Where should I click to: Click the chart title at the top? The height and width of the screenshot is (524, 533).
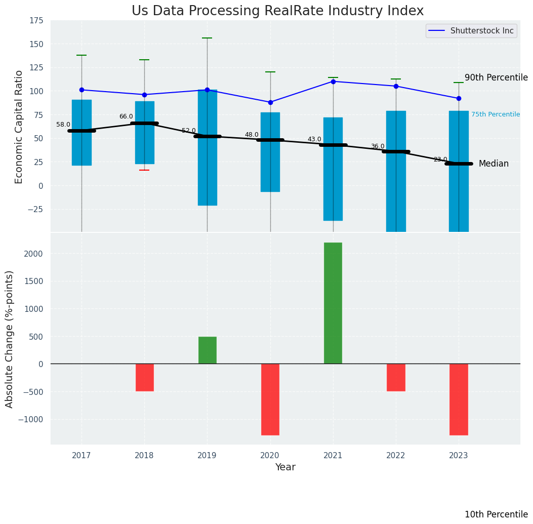tap(277, 11)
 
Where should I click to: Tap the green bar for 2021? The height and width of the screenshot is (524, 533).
tap(333, 303)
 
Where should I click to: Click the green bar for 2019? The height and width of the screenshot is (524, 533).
tap(207, 350)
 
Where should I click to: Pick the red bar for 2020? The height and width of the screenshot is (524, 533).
tap(270, 399)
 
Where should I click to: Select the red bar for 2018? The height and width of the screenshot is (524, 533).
tap(144, 377)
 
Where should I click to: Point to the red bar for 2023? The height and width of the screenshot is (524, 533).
tap(459, 399)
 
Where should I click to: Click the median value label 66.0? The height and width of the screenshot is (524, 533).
tap(126, 116)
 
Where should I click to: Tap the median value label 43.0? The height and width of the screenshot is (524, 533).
tap(314, 139)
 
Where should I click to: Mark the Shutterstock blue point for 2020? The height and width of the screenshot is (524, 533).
tap(270, 102)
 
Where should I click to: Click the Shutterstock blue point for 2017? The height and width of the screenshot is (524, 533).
tap(81, 90)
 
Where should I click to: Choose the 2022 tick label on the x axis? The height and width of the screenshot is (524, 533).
tap(396, 456)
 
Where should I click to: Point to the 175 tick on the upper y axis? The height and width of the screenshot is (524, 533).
tap(35, 21)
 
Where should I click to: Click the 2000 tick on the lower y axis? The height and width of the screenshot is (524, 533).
tap(33, 254)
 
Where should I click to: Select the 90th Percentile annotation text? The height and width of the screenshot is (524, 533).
tap(496, 77)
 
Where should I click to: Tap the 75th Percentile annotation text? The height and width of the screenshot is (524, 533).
tap(496, 114)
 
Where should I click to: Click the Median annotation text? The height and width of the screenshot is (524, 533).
tap(494, 164)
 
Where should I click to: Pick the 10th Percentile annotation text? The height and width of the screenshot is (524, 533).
tap(496, 514)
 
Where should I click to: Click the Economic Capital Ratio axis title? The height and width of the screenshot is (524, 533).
tap(19, 127)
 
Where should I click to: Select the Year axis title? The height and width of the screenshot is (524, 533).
tap(285, 467)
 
